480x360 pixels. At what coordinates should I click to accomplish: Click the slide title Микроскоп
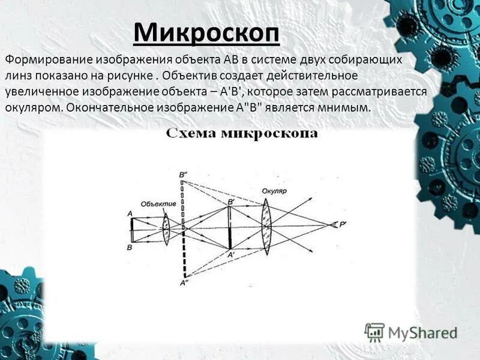click(206, 32)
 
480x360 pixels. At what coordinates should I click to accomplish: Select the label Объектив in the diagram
click(158, 204)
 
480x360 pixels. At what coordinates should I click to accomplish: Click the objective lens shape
click(166, 229)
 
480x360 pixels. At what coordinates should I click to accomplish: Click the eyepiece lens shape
click(265, 226)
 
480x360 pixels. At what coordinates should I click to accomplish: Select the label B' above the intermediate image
click(231, 202)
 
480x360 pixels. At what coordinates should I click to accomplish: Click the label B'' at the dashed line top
click(183, 175)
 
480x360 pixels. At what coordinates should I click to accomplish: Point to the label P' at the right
click(343, 226)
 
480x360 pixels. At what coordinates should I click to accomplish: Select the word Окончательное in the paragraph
click(107, 107)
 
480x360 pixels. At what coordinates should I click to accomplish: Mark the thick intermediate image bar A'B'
click(230, 228)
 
